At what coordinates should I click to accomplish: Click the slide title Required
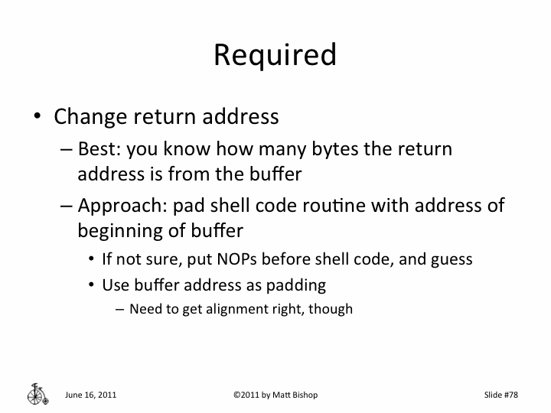275,55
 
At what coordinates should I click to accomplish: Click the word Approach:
122,207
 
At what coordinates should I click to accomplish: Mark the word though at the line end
333,310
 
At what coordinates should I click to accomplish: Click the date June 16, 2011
90,395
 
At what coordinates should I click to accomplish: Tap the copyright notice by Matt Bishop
275,395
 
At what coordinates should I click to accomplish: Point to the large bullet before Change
37,118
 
